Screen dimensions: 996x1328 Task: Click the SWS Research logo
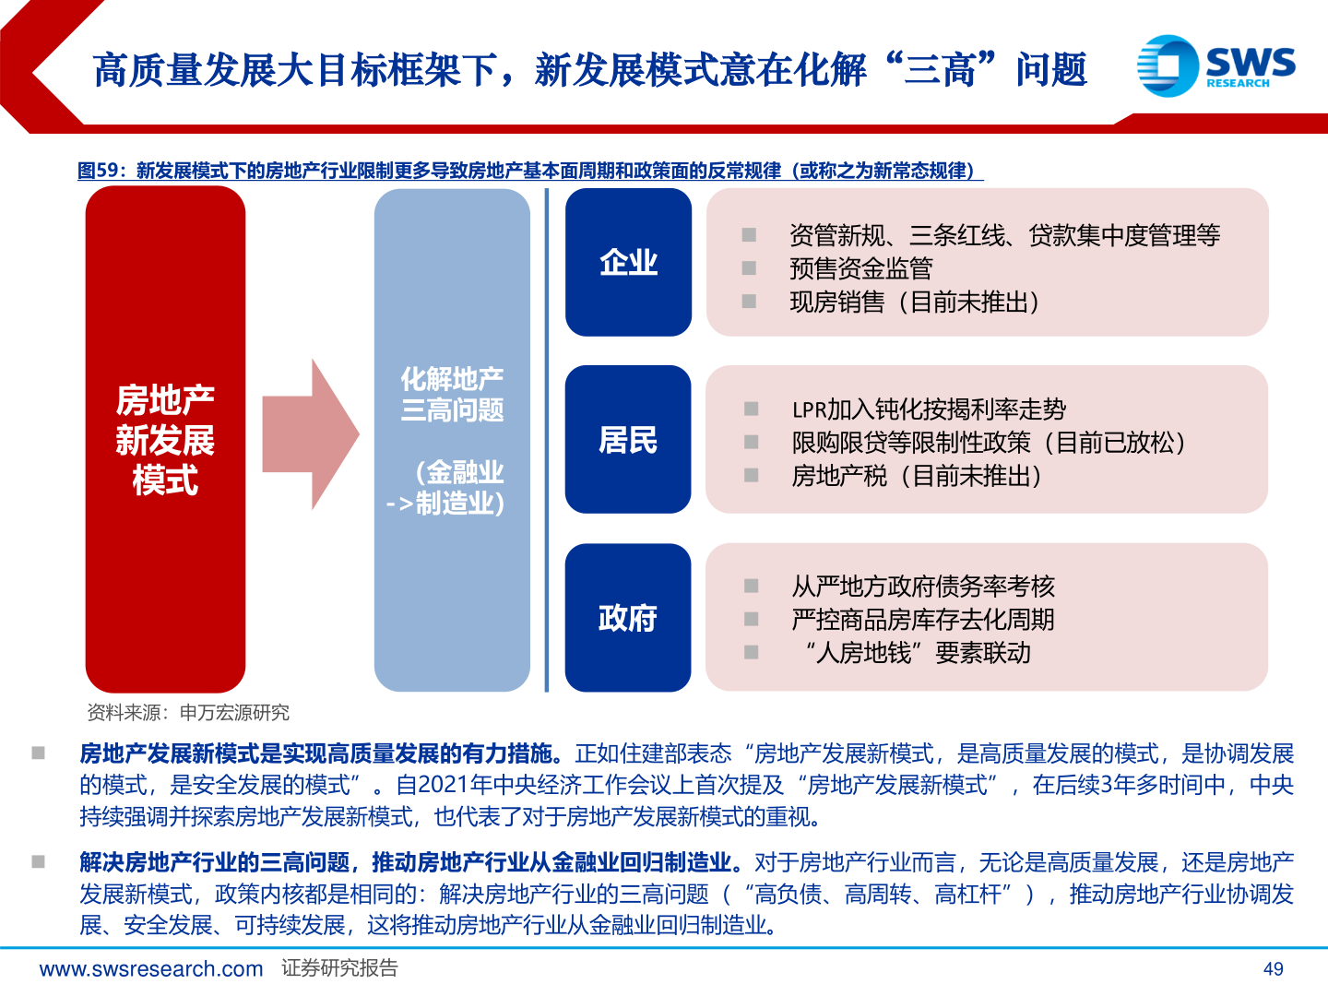click(x=1215, y=65)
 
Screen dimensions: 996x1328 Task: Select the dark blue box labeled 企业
click(x=628, y=263)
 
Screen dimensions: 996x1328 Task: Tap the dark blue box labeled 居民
click(x=628, y=440)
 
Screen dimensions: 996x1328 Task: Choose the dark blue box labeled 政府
click(x=628, y=617)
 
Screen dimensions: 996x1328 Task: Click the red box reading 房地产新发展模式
click(x=165, y=439)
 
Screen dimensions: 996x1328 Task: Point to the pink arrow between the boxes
click(x=310, y=434)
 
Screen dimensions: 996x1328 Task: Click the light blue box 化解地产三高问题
click(x=452, y=440)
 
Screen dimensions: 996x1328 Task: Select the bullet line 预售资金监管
click(x=860, y=268)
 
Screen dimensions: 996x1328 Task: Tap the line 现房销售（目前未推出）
click(x=914, y=302)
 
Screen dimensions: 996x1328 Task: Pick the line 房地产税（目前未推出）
click(x=917, y=476)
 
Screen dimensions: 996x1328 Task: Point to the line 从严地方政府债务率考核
click(x=922, y=586)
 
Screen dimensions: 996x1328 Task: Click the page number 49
click(x=1273, y=968)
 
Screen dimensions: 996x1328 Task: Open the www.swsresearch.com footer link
click(x=151, y=968)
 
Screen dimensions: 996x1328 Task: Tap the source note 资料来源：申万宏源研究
click(x=188, y=712)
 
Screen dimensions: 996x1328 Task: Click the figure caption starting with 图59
click(x=530, y=171)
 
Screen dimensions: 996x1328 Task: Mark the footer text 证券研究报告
click(x=339, y=968)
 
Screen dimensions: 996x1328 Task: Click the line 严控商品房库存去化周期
click(x=922, y=620)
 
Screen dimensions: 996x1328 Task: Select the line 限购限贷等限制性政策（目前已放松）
click(x=988, y=443)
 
